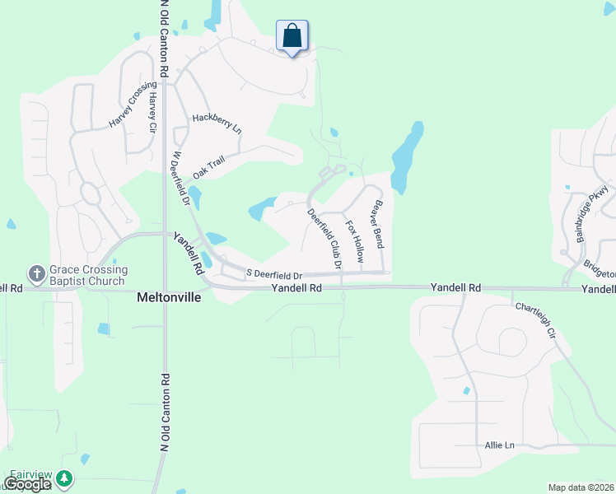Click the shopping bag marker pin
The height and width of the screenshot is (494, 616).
pos(292,37)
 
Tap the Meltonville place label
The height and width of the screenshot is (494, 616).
pos(168,298)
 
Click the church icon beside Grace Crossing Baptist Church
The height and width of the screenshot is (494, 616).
pos(37,273)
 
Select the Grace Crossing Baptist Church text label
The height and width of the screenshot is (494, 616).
pos(88,275)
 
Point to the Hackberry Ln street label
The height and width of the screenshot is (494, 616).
pos(217,123)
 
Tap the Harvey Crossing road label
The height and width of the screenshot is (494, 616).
pos(132,105)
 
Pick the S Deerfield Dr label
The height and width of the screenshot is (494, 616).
pos(274,274)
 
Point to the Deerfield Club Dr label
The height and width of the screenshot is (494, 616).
pos(324,239)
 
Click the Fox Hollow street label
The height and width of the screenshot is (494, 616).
pos(354,240)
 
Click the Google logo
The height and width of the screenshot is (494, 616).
pos(27,485)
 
